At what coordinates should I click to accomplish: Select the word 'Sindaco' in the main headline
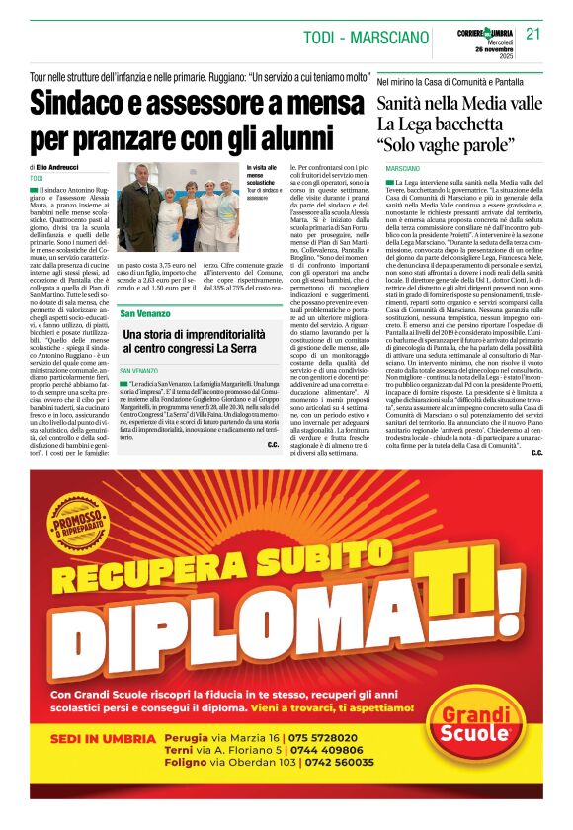coord(90,104)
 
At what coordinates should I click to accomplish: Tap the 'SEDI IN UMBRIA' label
coord(101,738)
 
